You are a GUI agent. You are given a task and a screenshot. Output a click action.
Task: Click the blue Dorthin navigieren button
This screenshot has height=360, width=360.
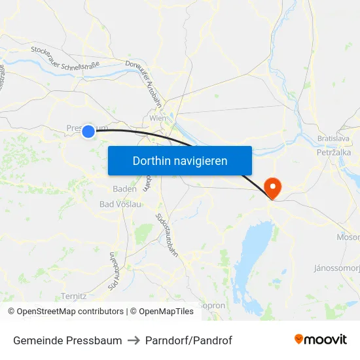pyautogui.click(x=179, y=160)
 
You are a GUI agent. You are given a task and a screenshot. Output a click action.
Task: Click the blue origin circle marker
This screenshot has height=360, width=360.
pyautogui.click(x=88, y=132)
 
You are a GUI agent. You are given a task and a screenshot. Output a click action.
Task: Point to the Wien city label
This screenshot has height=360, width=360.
pyautogui.click(x=158, y=118)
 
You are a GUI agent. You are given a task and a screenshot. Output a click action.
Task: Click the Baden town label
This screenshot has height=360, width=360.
pyautogui.click(x=124, y=189)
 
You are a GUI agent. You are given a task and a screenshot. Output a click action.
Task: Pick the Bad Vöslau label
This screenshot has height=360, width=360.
pyautogui.click(x=120, y=204)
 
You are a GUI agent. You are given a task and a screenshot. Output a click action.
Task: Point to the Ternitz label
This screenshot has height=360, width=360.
pyautogui.click(x=73, y=296)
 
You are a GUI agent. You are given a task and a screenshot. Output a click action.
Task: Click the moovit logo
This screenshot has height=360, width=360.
pyautogui.click(x=320, y=339)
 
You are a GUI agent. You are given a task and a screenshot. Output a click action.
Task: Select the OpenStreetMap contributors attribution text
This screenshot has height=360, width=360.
pyautogui.click(x=66, y=312)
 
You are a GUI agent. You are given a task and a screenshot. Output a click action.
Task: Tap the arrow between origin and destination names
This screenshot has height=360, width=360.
pyautogui.click(x=134, y=340)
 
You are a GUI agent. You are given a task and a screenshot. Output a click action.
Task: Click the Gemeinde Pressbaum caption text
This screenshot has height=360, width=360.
pyautogui.click(x=67, y=340)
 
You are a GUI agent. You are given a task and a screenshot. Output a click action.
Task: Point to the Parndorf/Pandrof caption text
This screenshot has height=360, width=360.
pyautogui.click(x=189, y=340)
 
